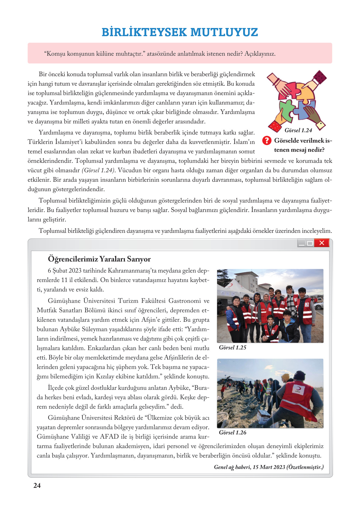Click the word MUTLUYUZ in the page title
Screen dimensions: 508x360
click(224, 32)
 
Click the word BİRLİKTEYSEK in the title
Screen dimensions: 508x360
click(144, 32)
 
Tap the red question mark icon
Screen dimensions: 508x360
click(267, 140)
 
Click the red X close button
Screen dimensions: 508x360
click(322, 243)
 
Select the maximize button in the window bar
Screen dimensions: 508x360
click(310, 243)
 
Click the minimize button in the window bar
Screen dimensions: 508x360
click(302, 243)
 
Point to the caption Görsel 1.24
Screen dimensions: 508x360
click(298, 130)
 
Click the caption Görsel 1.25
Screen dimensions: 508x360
click(232, 347)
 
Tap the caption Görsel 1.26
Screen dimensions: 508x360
click(232, 432)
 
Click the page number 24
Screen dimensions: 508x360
click(37, 486)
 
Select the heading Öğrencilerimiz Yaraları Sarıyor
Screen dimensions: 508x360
click(99, 259)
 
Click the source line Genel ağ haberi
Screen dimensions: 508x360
click(269, 467)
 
